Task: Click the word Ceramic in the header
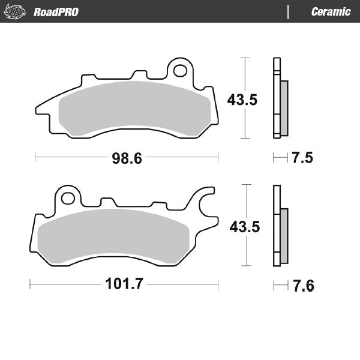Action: pyautogui.click(x=331, y=11)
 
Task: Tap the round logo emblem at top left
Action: pyautogui.click(x=18, y=11)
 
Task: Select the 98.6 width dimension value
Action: pyautogui.click(x=127, y=158)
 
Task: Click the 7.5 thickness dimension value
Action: pyautogui.click(x=303, y=158)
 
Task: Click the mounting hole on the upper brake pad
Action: pyautogui.click(x=179, y=70)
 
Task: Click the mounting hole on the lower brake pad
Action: pyautogui.click(x=68, y=197)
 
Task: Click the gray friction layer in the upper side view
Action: pyautogui.click(x=284, y=108)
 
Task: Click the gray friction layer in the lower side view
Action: pyautogui.click(x=284, y=235)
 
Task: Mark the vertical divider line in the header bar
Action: pyautogui.click(x=289, y=11)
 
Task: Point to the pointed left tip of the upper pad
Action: pyautogui.click(x=38, y=110)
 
